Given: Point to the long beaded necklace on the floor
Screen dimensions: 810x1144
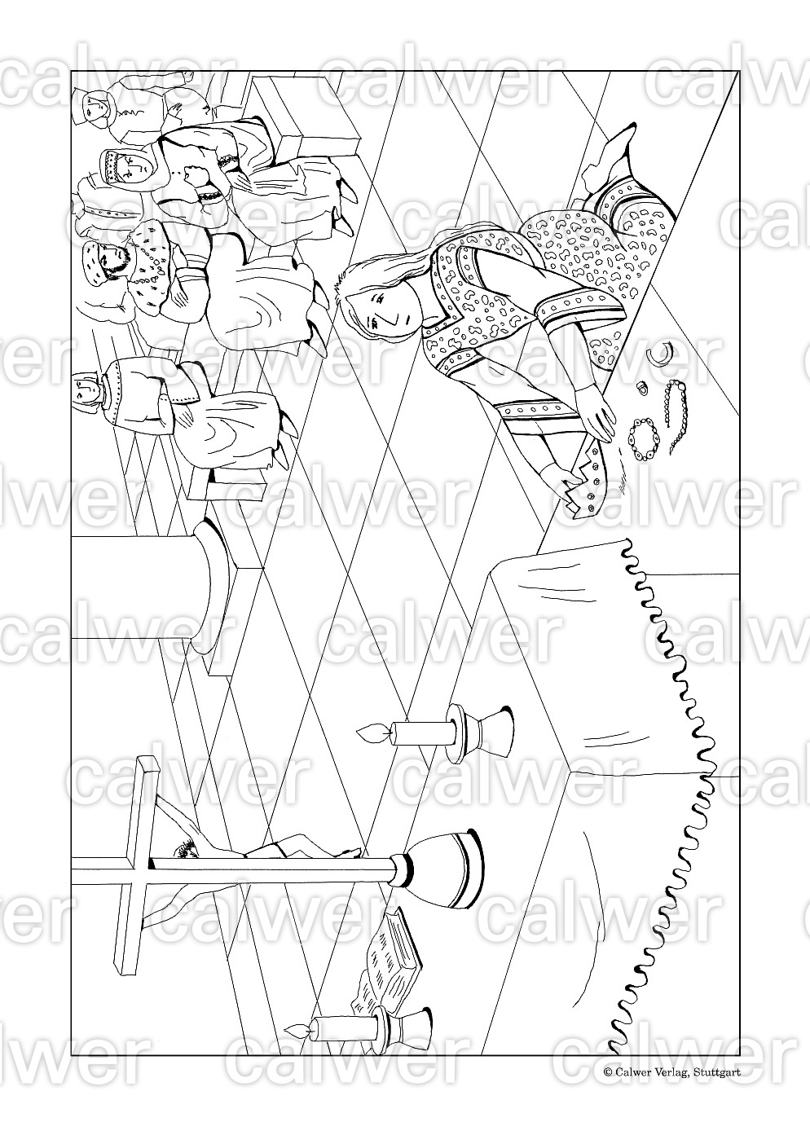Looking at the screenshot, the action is pyautogui.click(x=676, y=416).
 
